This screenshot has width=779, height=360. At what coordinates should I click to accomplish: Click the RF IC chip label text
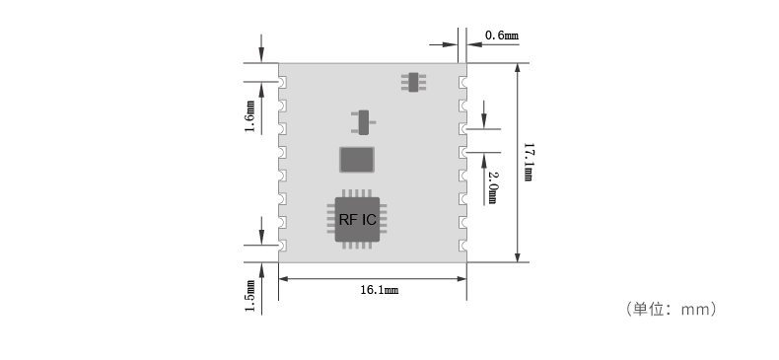357,219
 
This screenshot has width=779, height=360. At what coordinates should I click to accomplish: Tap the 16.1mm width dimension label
379,291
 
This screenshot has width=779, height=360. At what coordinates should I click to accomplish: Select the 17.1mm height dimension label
529,163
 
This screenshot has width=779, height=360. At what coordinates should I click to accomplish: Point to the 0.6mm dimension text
502,36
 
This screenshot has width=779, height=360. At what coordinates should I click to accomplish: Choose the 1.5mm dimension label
249,295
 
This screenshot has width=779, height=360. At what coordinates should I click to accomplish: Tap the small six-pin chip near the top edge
413,81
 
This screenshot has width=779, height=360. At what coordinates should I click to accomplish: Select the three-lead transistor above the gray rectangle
363,122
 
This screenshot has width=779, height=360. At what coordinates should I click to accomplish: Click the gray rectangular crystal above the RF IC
357,159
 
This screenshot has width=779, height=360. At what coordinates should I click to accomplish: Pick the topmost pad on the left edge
282,82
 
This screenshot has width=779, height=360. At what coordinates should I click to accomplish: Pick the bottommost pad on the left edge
282,245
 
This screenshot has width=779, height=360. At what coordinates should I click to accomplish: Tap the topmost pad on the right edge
462,82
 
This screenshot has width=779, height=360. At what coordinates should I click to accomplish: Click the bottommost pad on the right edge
462,245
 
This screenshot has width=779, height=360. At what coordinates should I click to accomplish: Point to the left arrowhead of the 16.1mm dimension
283,279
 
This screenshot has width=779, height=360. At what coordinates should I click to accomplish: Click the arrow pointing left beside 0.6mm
472,43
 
